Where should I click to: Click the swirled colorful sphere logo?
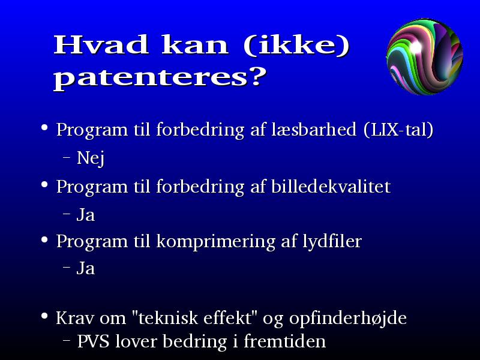pyautogui.click(x=425, y=56)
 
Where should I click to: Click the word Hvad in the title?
pyautogui.click(x=101, y=44)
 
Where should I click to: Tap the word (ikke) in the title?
pyautogui.click(x=296, y=46)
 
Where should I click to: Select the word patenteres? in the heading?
pyautogui.click(x=160, y=78)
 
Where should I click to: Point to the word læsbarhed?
pyautogui.click(x=314, y=129)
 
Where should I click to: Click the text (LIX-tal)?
pyautogui.click(x=399, y=130)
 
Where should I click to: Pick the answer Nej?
pyautogui.click(x=91, y=158)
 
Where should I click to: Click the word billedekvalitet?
pyautogui.click(x=331, y=186)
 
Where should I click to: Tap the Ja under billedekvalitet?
pyautogui.click(x=86, y=214)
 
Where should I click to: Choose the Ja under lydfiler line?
pyautogui.click(x=86, y=268)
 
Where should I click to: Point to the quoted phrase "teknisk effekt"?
pyautogui.click(x=196, y=317)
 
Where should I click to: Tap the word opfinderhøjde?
pyautogui.click(x=348, y=319)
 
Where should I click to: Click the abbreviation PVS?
pyautogui.click(x=93, y=341)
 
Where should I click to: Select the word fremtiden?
pyautogui.click(x=284, y=341)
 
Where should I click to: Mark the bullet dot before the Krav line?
pyautogui.click(x=44, y=316)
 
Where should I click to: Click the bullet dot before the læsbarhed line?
pyautogui.click(x=44, y=127)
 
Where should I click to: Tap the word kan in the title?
pyautogui.click(x=195, y=44)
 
